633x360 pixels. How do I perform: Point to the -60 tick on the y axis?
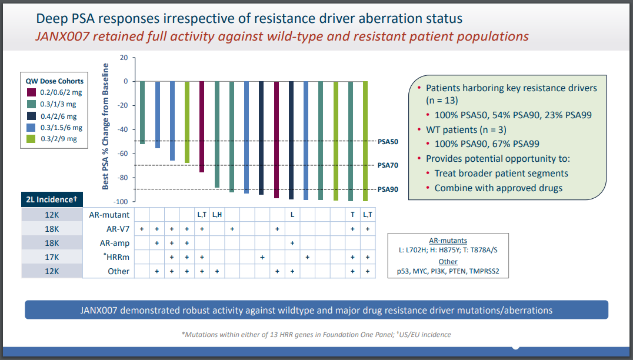pyautogui.click(x=122, y=154)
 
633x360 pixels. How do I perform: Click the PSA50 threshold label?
pyautogui.click(x=388, y=142)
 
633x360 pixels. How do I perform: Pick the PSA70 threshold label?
pyautogui.click(x=388, y=165)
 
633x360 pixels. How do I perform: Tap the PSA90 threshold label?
pyautogui.click(x=388, y=189)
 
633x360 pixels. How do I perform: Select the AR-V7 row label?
pyautogui.click(x=118, y=229)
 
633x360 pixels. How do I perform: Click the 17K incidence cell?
pyautogui.click(x=52, y=257)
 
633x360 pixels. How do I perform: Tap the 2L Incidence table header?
pyautogui.click(x=52, y=200)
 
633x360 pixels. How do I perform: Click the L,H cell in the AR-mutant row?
pyautogui.click(x=216, y=215)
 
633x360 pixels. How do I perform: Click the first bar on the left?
pyautogui.click(x=142, y=112)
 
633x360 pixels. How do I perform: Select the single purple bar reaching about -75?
pyautogui.click(x=202, y=126)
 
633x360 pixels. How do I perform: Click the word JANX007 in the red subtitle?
pyautogui.click(x=58, y=36)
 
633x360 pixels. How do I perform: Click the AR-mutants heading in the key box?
pyautogui.click(x=448, y=240)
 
